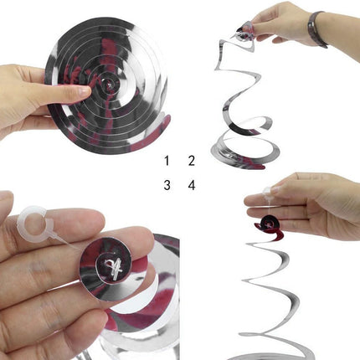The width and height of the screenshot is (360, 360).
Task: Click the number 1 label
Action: [167, 161]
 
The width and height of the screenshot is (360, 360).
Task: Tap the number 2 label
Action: [191, 161]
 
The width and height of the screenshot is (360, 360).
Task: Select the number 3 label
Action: [167, 185]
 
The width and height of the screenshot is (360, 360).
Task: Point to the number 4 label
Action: [192, 185]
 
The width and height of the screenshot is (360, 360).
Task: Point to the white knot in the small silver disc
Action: [113, 267]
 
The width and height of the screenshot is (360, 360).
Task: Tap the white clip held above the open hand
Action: [267, 191]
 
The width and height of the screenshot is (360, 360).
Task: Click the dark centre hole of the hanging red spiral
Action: [270, 224]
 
